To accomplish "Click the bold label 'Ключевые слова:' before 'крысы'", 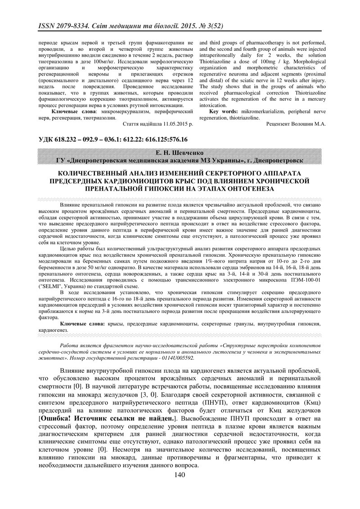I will (x=82, y=323).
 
